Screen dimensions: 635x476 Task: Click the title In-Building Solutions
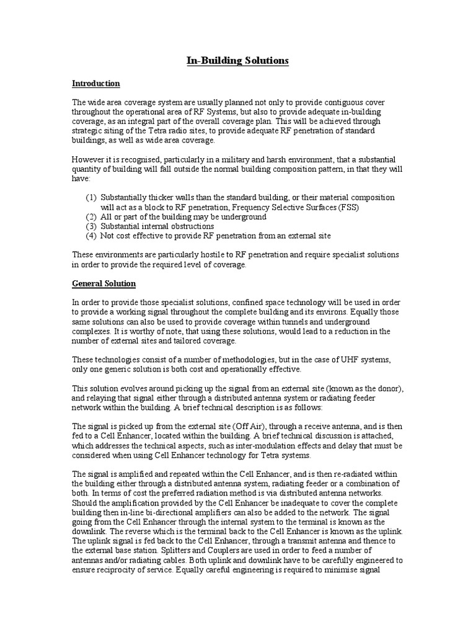click(238, 61)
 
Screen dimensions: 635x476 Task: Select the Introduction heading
click(95, 83)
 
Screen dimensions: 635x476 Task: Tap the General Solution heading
click(104, 283)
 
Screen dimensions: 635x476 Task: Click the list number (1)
click(91, 197)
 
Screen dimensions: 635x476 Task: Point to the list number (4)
click(91, 236)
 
